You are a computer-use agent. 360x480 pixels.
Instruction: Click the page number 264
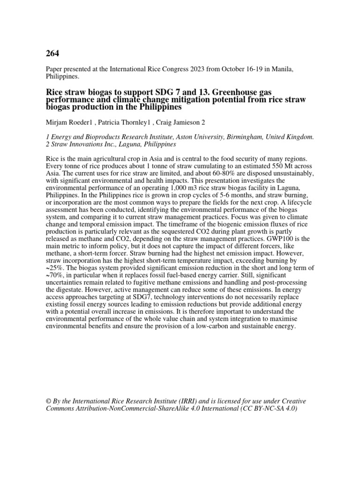pyautogui.click(x=52, y=52)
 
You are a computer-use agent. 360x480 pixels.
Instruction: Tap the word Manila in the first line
pyautogui.click(x=282, y=69)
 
